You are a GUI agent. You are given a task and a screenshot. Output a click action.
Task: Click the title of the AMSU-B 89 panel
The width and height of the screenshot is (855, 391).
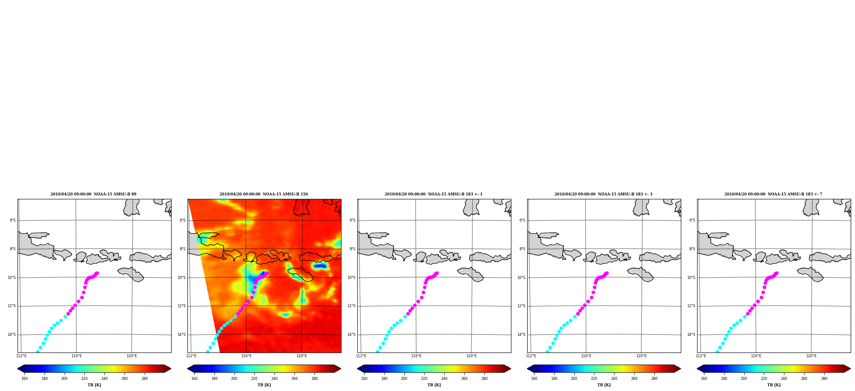[x=93, y=194]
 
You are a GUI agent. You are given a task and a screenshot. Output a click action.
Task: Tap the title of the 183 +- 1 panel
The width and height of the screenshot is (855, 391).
[x=433, y=194]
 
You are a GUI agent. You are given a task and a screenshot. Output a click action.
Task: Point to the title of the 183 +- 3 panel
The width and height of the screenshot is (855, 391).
[x=603, y=194]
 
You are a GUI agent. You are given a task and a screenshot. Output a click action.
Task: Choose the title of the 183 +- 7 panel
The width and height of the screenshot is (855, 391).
[x=773, y=194]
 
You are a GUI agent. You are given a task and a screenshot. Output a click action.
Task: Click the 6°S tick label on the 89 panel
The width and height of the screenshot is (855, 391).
[x=13, y=221]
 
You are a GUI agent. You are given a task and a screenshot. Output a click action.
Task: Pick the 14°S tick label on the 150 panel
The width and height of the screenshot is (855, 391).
[x=182, y=335]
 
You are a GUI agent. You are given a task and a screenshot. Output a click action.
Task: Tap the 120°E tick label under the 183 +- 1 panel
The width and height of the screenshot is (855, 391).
[x=471, y=356]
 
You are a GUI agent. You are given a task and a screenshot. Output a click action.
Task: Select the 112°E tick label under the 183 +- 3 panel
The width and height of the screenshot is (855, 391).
[x=531, y=356]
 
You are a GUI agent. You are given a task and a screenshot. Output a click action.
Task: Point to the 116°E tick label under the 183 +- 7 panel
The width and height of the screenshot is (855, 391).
[x=756, y=356]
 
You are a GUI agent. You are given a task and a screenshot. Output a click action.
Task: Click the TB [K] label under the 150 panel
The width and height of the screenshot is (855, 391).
[x=264, y=385]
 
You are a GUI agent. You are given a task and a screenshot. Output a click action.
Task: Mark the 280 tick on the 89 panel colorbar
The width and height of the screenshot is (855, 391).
[x=145, y=379]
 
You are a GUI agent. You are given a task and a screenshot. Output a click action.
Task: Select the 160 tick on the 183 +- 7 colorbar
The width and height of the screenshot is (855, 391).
[x=704, y=379]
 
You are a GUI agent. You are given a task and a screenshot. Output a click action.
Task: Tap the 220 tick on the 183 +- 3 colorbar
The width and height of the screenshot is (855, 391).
[x=594, y=379]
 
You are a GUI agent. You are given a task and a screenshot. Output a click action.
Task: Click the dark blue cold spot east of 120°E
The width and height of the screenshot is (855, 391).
[x=321, y=266]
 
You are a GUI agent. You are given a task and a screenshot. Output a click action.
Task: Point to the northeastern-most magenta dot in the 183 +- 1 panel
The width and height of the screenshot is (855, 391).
[x=437, y=273]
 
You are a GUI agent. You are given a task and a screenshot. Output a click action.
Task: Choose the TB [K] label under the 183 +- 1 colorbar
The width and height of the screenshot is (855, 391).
[x=434, y=385]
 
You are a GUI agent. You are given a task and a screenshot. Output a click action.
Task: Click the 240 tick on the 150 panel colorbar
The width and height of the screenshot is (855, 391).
[x=274, y=379]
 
